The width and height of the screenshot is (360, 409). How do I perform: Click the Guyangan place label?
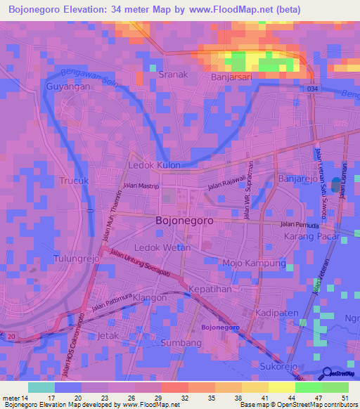pos(67,86)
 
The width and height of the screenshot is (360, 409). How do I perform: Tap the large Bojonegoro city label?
pos(184,220)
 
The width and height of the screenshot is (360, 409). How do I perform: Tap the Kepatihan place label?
pos(209,290)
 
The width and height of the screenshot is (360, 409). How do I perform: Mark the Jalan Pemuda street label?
pos(300,225)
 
